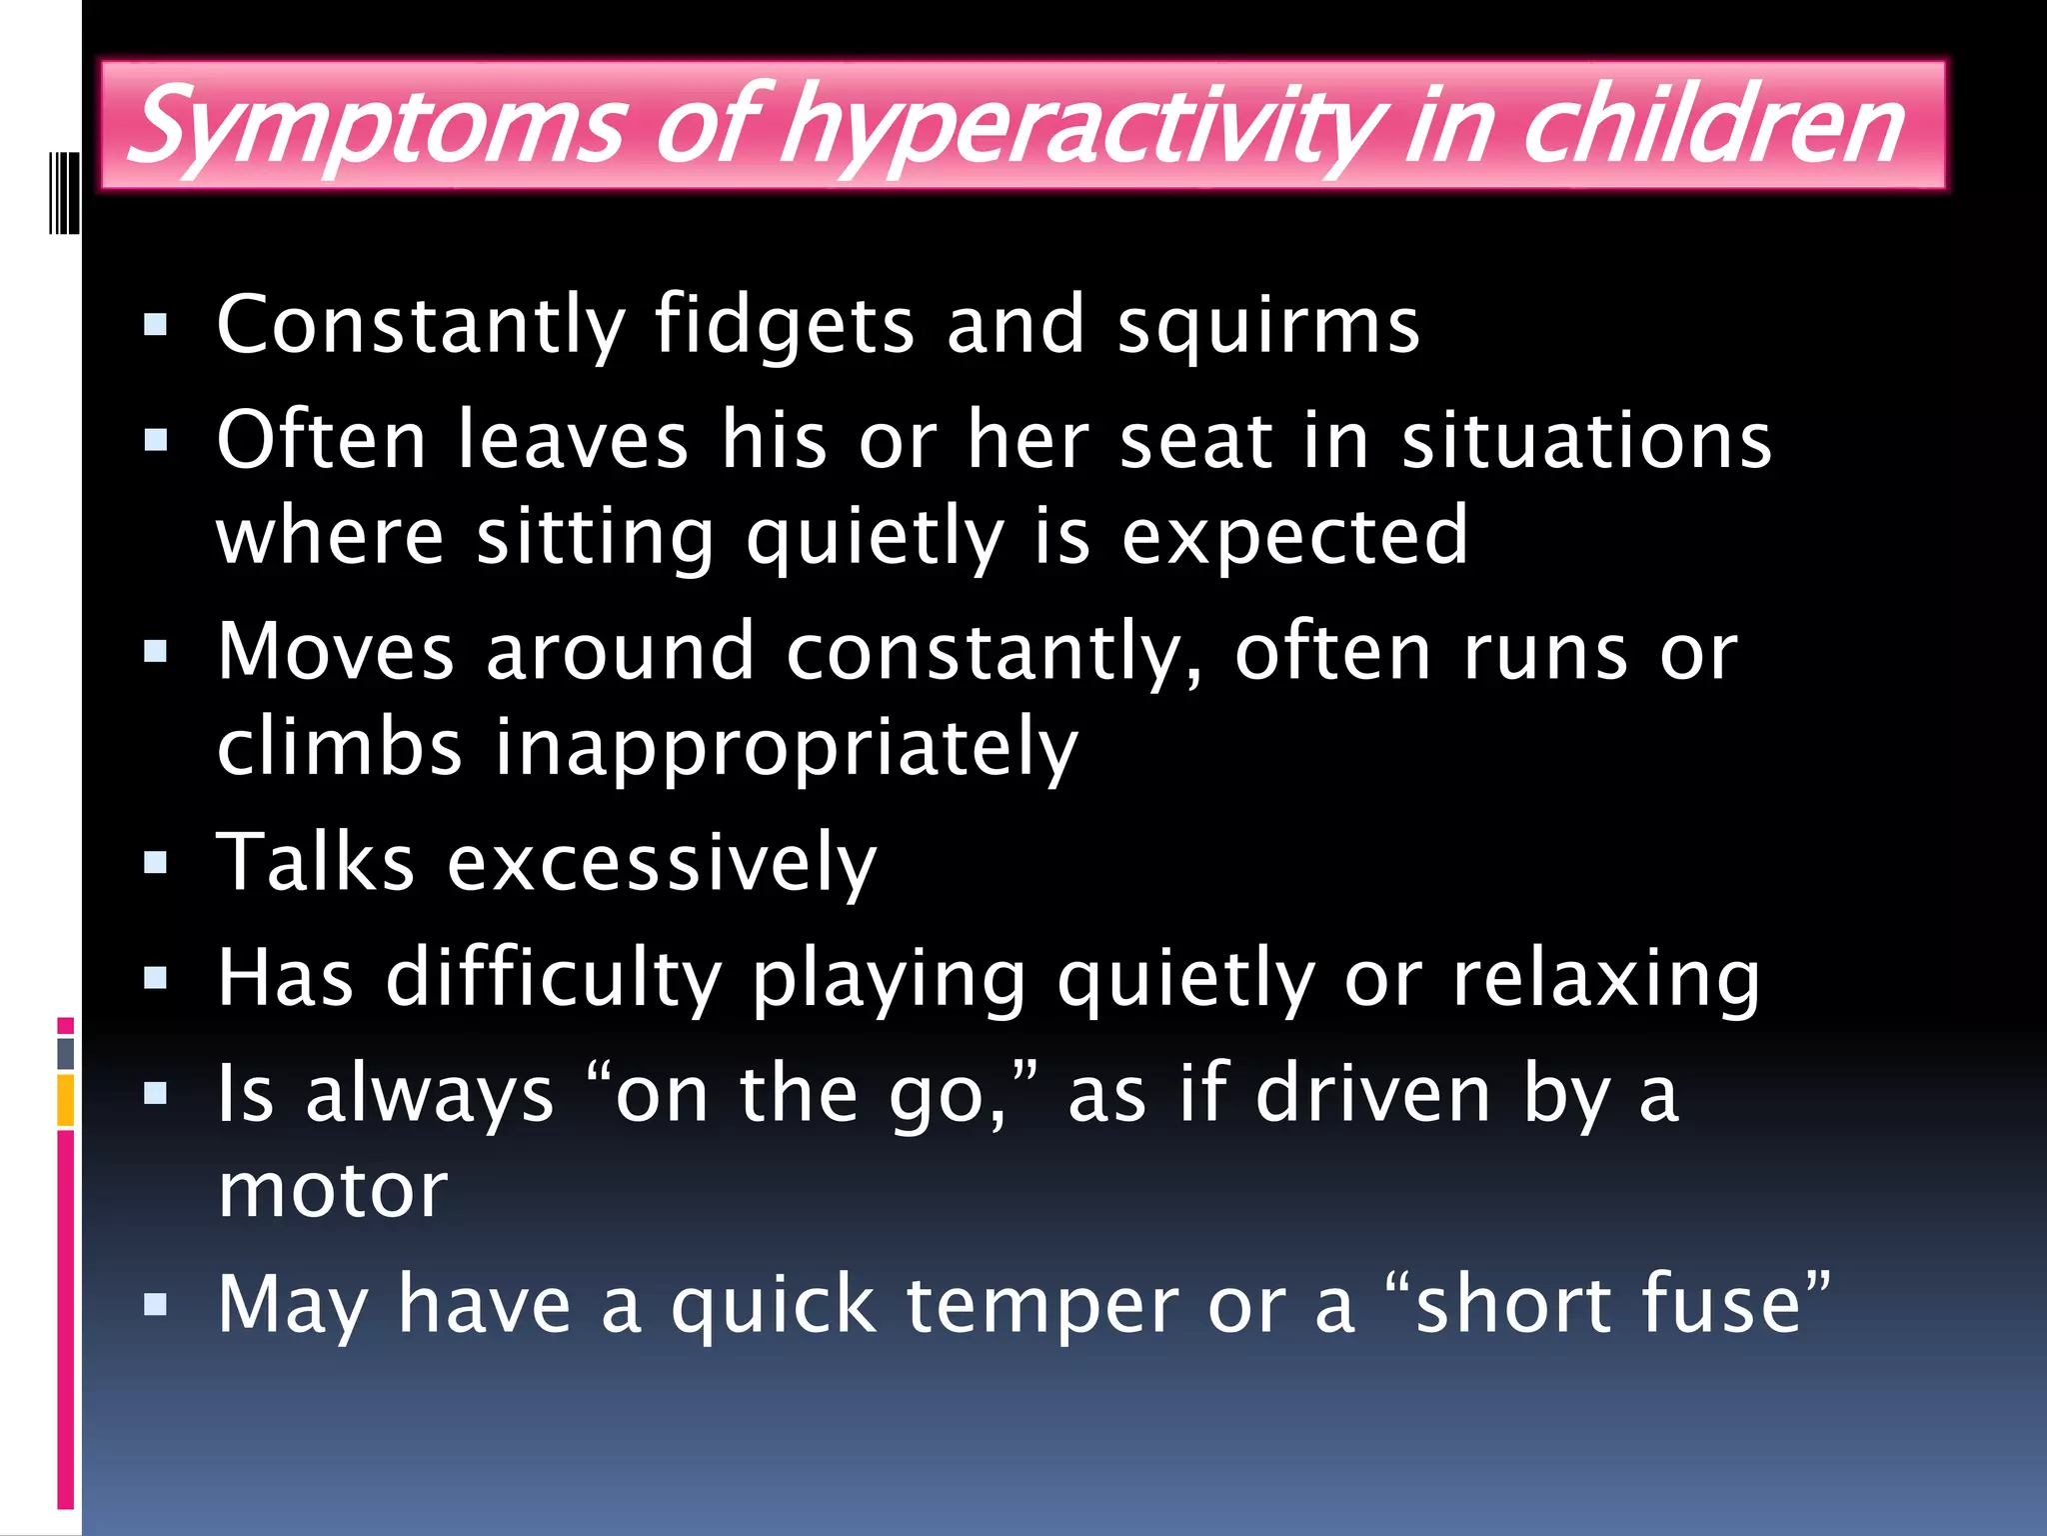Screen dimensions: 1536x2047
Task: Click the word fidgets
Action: click(784, 326)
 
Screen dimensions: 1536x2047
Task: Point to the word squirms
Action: click(1267, 326)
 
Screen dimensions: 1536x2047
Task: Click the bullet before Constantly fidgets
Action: click(155, 325)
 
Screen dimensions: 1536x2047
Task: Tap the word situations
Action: click(1586, 440)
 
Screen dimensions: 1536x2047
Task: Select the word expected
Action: click(1294, 537)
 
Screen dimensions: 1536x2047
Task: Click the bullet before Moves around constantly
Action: click(155, 652)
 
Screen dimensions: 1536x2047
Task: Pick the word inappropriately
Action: click(786, 748)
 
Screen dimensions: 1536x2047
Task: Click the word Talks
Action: click(315, 862)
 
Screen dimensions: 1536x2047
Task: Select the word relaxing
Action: click(1605, 978)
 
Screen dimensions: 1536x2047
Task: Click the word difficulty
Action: click(554, 978)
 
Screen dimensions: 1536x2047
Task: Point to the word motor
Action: click(333, 1192)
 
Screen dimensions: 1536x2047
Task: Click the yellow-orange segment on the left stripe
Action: click(65, 1100)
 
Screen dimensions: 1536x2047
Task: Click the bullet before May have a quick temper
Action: click(155, 1305)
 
